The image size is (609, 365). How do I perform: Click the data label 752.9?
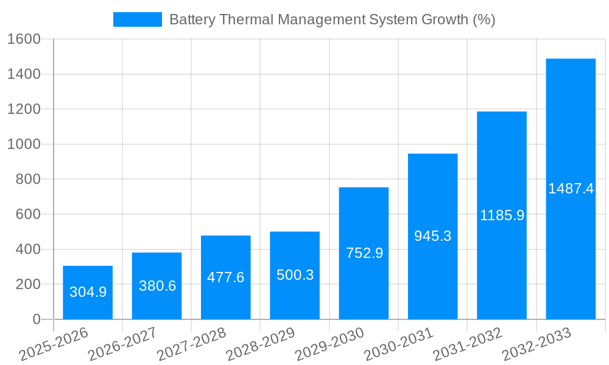click(x=364, y=253)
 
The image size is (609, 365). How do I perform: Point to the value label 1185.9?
click(x=502, y=215)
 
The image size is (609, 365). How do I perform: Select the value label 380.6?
click(x=157, y=286)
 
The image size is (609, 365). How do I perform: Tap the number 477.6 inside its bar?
click(x=225, y=277)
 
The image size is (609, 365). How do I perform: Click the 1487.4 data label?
click(x=571, y=189)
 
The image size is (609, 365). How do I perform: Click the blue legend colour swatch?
click(x=137, y=19)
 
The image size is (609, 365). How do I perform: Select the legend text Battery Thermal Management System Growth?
click(x=332, y=19)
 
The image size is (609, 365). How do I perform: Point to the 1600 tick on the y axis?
click(x=24, y=39)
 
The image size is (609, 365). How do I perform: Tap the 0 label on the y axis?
click(x=37, y=319)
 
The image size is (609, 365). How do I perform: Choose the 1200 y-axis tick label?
click(x=24, y=109)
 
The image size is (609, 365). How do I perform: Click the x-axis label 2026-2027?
click(x=123, y=344)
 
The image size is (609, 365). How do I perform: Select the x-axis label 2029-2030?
click(x=330, y=344)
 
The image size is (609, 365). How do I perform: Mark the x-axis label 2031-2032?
click(x=468, y=344)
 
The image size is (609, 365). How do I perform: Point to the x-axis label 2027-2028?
click(x=192, y=344)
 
